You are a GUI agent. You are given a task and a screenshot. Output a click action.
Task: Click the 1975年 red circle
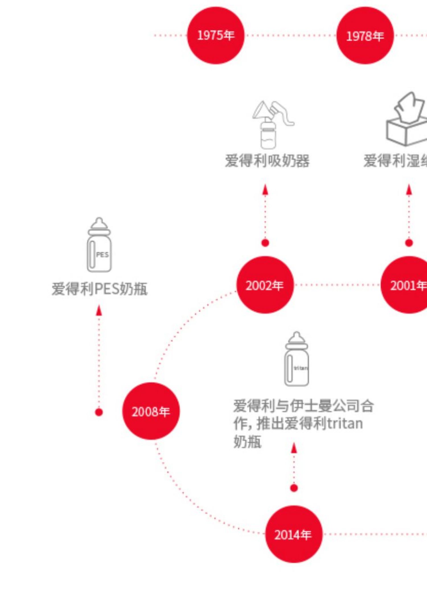coord(215,35)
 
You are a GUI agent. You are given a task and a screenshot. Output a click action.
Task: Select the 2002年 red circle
coord(265,285)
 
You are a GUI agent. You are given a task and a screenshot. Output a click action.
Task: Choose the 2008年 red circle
coord(151,411)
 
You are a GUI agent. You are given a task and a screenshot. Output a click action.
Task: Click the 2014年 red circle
coord(293,534)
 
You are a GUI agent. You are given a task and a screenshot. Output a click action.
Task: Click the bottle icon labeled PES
coord(99,245)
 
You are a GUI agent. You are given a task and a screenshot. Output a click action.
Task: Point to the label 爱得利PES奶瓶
coord(99,289)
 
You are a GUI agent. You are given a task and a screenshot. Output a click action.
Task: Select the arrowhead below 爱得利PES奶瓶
coord(99,310)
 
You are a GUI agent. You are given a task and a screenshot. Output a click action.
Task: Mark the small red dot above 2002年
coord(265,243)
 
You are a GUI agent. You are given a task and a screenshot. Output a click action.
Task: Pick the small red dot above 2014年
coord(294,488)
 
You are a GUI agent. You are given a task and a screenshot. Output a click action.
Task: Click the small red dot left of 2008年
coord(99,412)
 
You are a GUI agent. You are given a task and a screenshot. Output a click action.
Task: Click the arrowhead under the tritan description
coord(294,448)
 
